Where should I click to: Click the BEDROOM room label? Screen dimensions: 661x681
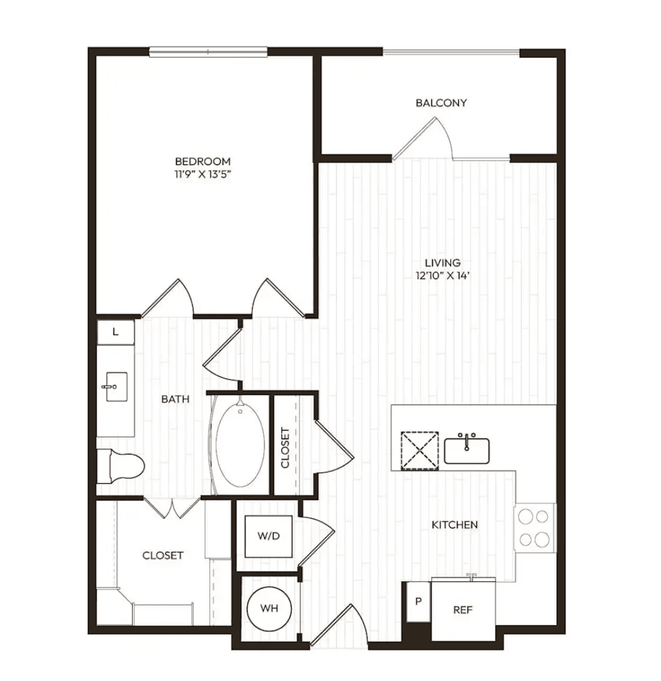[x=203, y=161]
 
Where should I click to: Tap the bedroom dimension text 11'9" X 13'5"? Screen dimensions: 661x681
[x=203, y=175]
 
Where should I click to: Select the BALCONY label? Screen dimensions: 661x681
[x=441, y=103]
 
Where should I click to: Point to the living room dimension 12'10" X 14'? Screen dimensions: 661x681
[x=443, y=276]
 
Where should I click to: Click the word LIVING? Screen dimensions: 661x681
[x=443, y=263]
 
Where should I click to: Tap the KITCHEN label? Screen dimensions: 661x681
[x=455, y=525]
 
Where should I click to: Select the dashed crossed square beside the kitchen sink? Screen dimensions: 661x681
[x=420, y=451]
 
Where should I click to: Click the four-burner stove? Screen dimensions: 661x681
[x=535, y=528]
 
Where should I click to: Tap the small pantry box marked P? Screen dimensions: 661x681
[x=418, y=602]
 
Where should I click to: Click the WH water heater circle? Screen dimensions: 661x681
[x=269, y=608]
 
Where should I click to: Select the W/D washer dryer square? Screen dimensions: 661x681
[x=268, y=536]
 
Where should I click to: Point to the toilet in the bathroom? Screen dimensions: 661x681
[x=120, y=466]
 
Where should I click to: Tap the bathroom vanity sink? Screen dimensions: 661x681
[x=116, y=386]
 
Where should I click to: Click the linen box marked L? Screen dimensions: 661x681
[x=115, y=332]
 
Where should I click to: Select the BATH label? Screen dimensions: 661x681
[x=175, y=399]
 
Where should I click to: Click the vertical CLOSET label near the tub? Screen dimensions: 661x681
[x=285, y=448]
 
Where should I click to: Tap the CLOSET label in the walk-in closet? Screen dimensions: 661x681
[x=163, y=556]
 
